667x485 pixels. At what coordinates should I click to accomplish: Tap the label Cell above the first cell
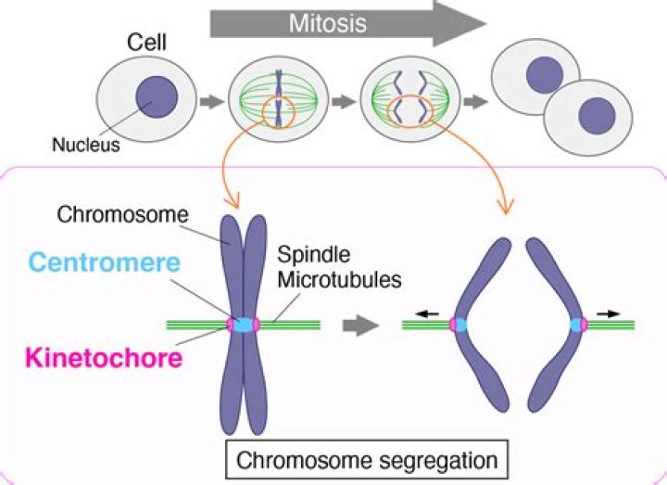[146, 42]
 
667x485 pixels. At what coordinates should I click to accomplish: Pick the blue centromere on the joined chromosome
[243, 325]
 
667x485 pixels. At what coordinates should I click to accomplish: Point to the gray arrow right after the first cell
[213, 98]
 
